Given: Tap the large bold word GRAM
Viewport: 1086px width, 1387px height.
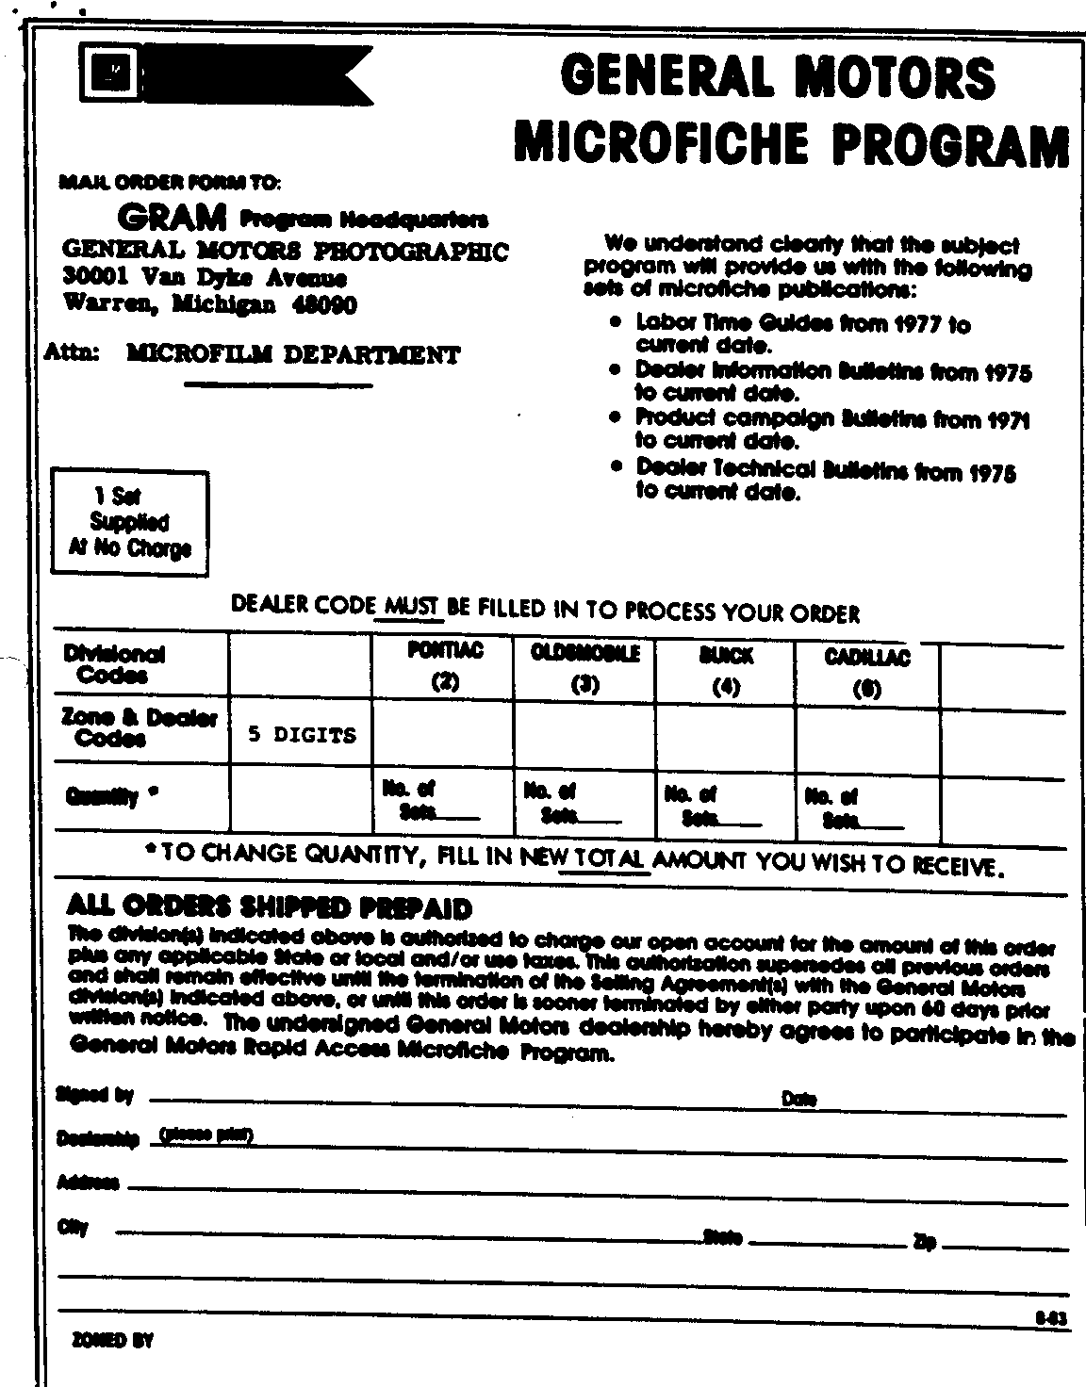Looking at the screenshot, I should (172, 218).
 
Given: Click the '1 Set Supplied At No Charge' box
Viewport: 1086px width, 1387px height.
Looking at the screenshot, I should (129, 522).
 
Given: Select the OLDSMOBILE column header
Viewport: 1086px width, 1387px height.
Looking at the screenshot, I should (584, 653).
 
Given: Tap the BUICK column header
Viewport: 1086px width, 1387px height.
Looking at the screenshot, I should (726, 655).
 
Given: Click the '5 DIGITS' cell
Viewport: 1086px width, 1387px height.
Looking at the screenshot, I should (302, 735).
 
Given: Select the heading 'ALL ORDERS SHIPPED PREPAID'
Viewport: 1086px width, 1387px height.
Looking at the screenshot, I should (270, 907).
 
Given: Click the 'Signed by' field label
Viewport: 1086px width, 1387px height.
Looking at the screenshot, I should (95, 1095).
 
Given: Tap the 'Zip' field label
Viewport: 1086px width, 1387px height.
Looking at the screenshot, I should (923, 1243).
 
